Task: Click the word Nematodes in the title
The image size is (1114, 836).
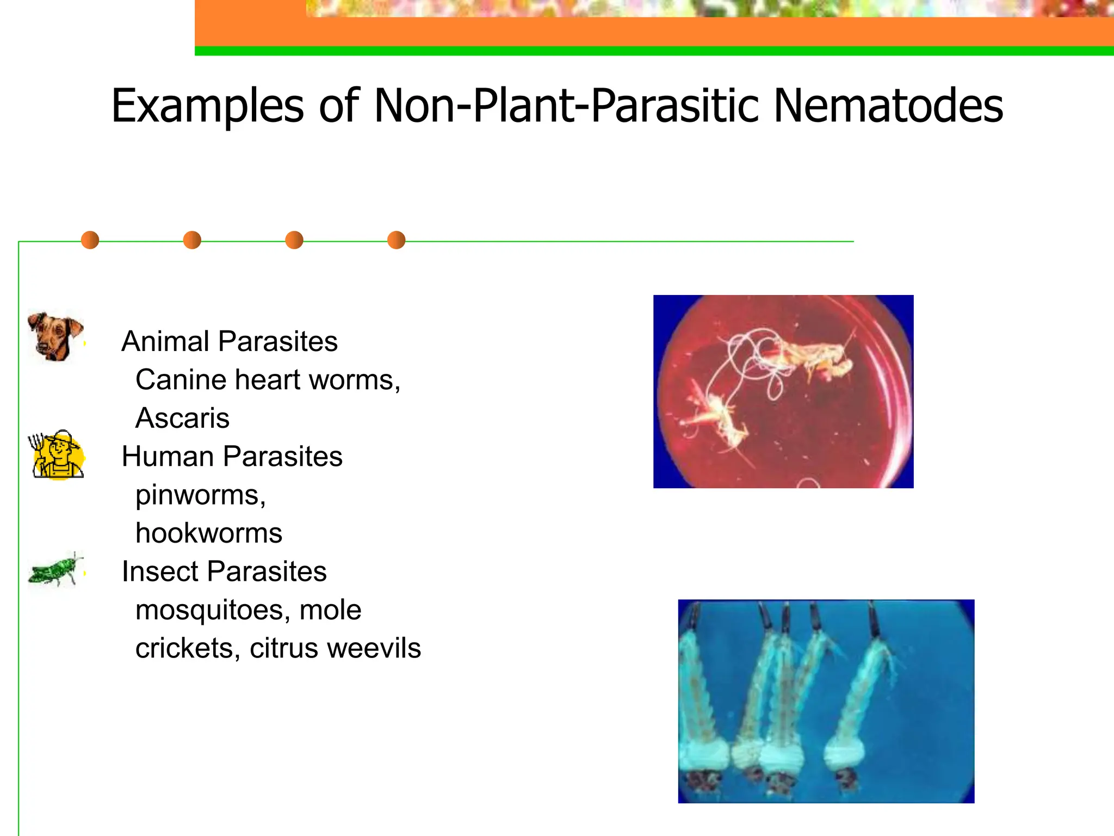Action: click(x=888, y=106)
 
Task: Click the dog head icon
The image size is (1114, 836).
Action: click(x=55, y=336)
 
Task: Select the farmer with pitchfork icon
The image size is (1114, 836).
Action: click(x=57, y=455)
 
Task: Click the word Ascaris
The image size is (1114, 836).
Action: click(x=182, y=418)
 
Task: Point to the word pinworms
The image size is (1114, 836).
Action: click(x=199, y=495)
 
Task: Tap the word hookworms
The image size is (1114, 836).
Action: click(x=209, y=533)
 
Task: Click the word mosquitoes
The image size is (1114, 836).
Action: click(x=209, y=610)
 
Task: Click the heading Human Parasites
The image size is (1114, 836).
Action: click(x=232, y=456)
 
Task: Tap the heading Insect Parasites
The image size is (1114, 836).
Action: click(x=224, y=571)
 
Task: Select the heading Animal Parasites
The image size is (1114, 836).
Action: click(x=230, y=341)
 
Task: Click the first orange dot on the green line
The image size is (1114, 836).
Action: click(x=90, y=240)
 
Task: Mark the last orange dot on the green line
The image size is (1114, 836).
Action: click(x=396, y=240)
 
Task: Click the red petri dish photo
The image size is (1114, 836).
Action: click(x=783, y=391)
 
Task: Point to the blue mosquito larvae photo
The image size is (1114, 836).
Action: click(x=826, y=701)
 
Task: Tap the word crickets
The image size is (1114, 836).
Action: click(x=184, y=648)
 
